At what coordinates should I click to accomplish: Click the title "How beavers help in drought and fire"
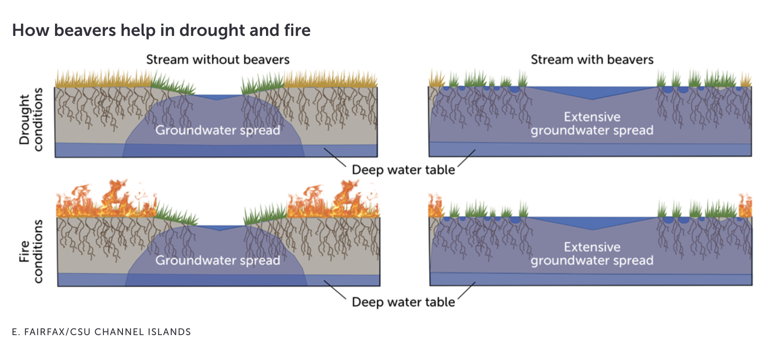[x=161, y=31]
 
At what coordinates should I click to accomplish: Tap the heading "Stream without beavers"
[x=218, y=60]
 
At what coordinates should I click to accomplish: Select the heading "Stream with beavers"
[x=592, y=60]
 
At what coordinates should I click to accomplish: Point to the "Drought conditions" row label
[x=31, y=120]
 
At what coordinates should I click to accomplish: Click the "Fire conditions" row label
[x=31, y=251]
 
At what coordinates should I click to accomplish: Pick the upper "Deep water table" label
[x=403, y=170]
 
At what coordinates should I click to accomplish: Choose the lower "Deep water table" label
[x=403, y=302]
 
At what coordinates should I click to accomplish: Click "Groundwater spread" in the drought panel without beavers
[x=218, y=130]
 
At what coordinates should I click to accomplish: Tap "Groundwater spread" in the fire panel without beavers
[x=218, y=260]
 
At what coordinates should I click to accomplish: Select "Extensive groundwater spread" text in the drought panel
[x=592, y=124]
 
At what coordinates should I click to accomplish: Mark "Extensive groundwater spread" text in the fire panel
[x=592, y=254]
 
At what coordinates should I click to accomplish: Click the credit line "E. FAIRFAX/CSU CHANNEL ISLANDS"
[x=101, y=332]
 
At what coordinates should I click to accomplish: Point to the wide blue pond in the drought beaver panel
[x=592, y=92]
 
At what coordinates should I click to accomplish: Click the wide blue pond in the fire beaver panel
[x=592, y=222]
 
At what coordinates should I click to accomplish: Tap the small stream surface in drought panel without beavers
[x=218, y=97]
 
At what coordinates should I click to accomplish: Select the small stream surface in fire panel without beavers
[x=220, y=227]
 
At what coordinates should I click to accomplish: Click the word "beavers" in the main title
[x=85, y=31]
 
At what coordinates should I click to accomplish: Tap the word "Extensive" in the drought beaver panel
[x=592, y=117]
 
